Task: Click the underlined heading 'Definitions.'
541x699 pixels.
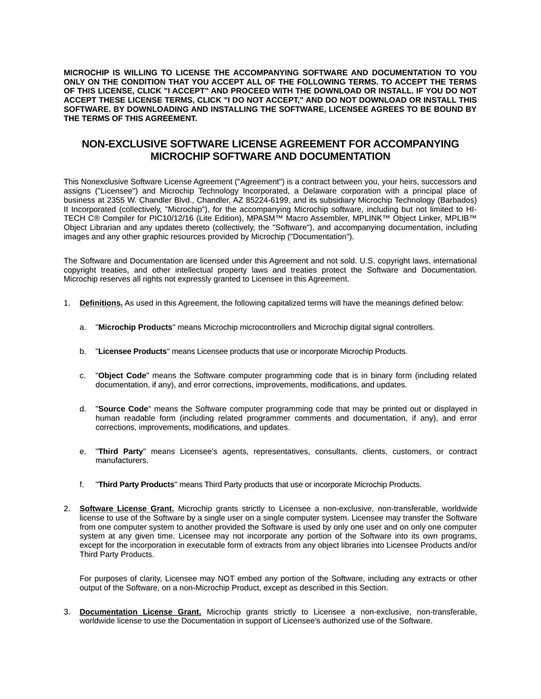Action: (x=101, y=303)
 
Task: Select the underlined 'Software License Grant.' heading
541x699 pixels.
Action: (x=126, y=509)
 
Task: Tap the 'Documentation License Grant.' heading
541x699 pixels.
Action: (x=140, y=612)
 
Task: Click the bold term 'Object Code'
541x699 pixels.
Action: (x=122, y=376)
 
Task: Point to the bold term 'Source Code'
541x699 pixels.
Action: (x=123, y=409)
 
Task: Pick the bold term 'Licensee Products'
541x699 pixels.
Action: (x=133, y=351)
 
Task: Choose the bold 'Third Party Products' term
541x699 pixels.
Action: (x=137, y=484)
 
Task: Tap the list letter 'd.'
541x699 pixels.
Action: (x=83, y=409)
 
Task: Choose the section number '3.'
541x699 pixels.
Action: (x=67, y=612)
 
